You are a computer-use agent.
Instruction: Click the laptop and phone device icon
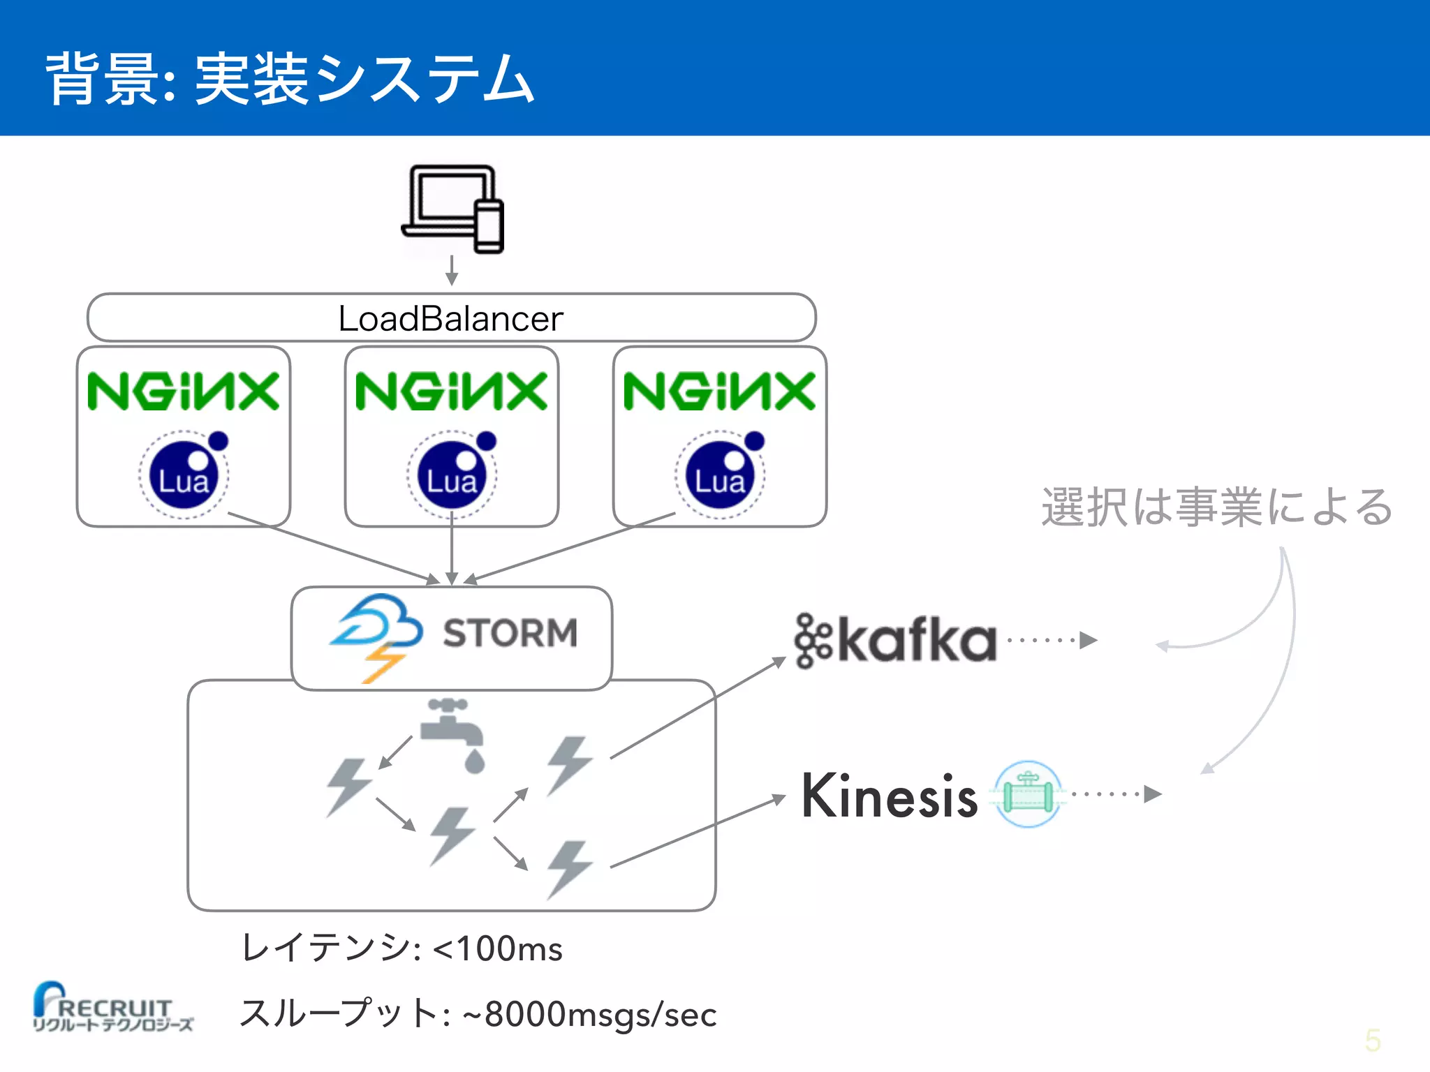[x=453, y=209]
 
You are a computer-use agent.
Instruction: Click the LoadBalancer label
[x=450, y=319]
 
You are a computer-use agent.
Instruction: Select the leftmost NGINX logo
[x=183, y=392]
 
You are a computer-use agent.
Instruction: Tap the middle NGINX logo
[x=451, y=392]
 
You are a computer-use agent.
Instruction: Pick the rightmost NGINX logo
[x=719, y=392]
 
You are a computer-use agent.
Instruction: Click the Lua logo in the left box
[x=184, y=475]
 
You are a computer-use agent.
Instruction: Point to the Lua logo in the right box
[x=721, y=475]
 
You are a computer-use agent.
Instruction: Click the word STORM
[x=510, y=633]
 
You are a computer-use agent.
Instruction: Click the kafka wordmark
[x=897, y=640]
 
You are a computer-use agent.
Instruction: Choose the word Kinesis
[x=889, y=796]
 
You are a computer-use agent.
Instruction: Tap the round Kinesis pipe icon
[x=1028, y=794]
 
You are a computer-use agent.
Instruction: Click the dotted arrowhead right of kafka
[x=1088, y=640]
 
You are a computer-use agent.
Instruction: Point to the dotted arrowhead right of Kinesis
[x=1152, y=794]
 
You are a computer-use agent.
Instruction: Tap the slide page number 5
[x=1372, y=1041]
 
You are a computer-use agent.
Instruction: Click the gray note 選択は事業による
[x=1216, y=507]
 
